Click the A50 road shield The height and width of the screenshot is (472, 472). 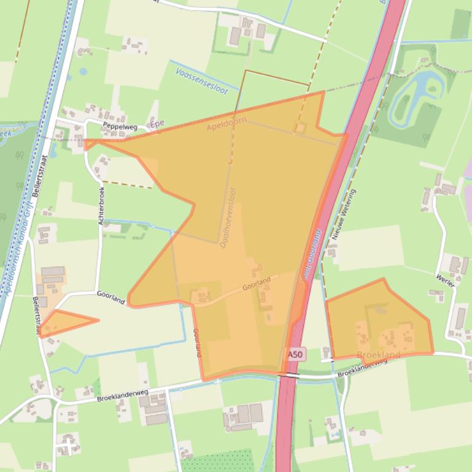[295, 355]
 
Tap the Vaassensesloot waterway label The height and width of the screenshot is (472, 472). [201, 82]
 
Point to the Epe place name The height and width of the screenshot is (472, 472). [158, 123]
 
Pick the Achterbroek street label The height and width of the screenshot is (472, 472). [101, 205]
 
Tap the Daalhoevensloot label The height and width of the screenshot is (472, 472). [228, 226]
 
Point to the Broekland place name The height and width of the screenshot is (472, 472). [378, 355]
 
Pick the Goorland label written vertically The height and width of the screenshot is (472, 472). [197, 343]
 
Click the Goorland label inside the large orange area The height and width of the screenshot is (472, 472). [256, 284]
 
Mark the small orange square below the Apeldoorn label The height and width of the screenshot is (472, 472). [300, 128]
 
